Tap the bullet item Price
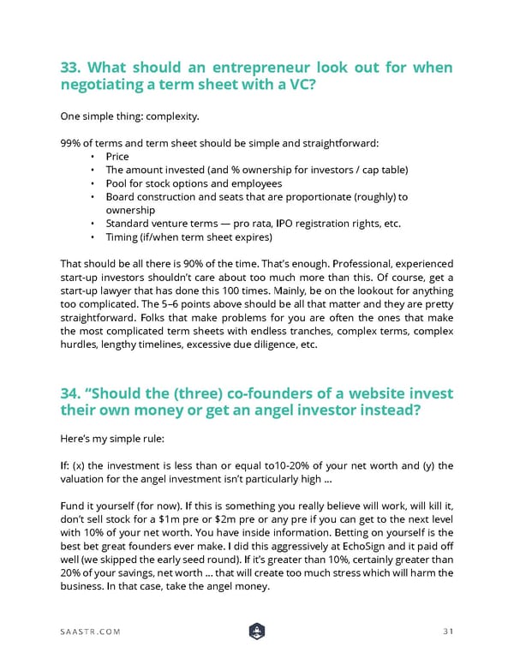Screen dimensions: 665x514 (x=117, y=157)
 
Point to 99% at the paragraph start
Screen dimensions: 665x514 (x=71, y=142)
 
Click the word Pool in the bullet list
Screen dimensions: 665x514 (x=116, y=183)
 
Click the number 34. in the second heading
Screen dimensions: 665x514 (x=73, y=393)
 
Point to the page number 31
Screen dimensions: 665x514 (x=445, y=631)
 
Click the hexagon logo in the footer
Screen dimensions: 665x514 (x=256, y=631)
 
